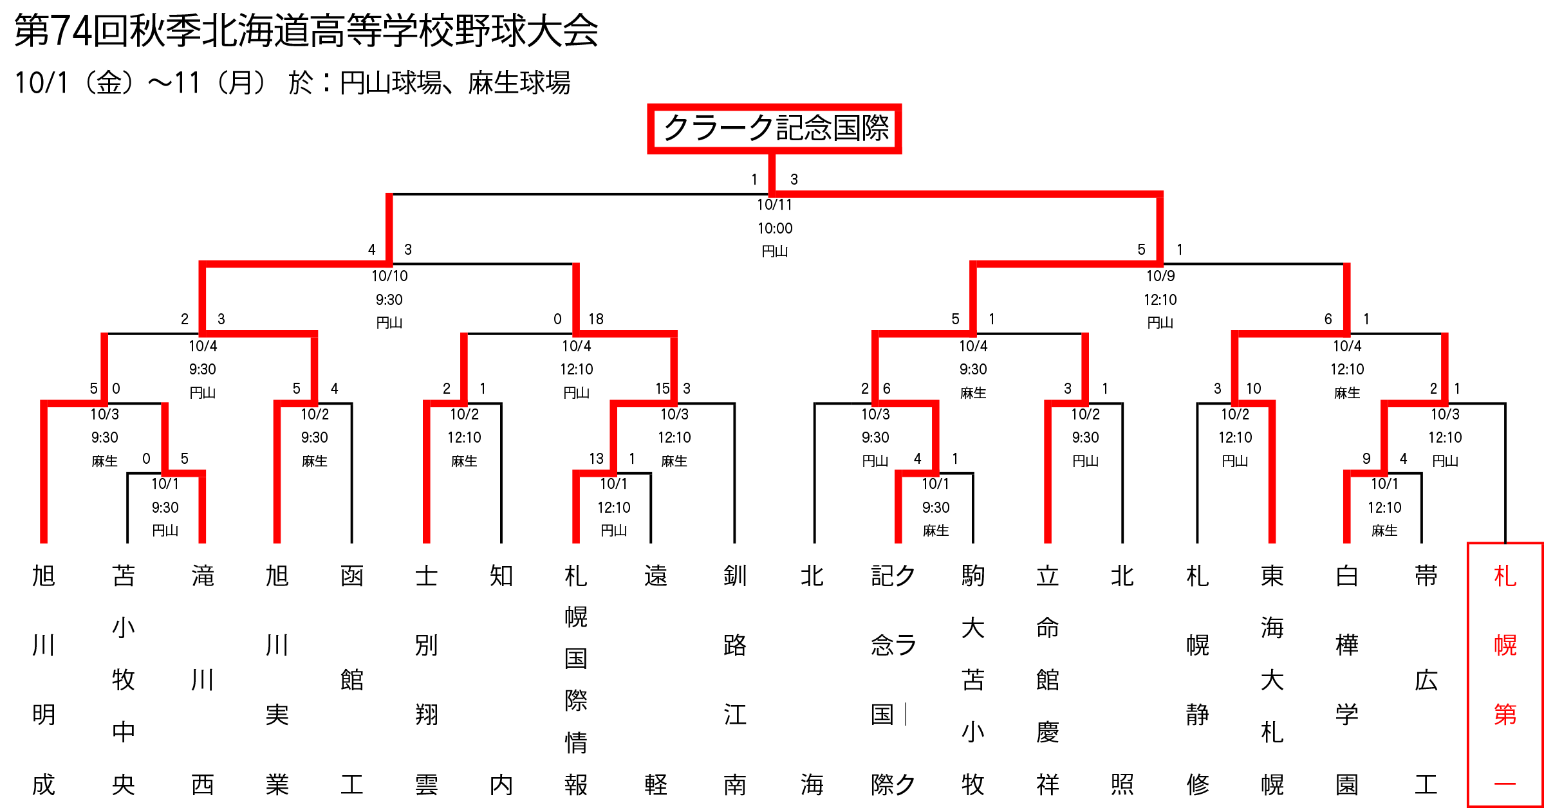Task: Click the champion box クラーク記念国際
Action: click(x=774, y=129)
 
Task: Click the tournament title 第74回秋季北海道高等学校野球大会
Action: click(x=306, y=30)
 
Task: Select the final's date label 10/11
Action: click(x=774, y=205)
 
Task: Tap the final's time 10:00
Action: click(x=775, y=228)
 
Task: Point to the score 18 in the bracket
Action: click(x=596, y=319)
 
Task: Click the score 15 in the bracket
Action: click(x=662, y=389)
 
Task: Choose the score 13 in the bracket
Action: click(x=596, y=459)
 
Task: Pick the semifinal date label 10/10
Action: click(x=389, y=276)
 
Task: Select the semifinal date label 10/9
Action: click(x=1160, y=276)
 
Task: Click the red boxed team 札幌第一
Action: click(x=1505, y=675)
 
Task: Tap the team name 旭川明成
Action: click(x=44, y=680)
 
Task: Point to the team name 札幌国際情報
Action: click(x=576, y=680)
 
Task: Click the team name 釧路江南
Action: click(x=735, y=680)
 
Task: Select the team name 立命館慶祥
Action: click(x=1048, y=680)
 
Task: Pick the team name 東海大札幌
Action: click(x=1272, y=680)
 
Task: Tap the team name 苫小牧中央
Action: click(x=124, y=680)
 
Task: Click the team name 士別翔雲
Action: click(x=427, y=680)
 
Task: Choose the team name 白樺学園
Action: click(x=1347, y=680)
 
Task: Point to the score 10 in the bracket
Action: click(x=1254, y=389)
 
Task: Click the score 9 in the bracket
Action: click(x=1366, y=459)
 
